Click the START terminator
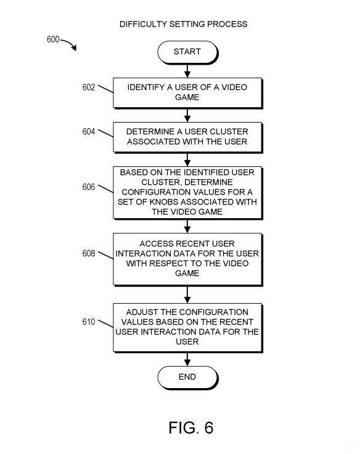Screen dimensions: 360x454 click(x=187, y=52)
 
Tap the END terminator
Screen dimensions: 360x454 click(x=187, y=377)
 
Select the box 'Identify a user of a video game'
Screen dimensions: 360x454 click(x=187, y=93)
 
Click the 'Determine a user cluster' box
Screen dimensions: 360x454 click(x=187, y=137)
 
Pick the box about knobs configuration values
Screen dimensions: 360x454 click(x=187, y=193)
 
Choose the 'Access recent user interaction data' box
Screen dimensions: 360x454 click(x=187, y=259)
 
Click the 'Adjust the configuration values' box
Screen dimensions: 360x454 click(x=187, y=328)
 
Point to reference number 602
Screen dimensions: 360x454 click(x=89, y=87)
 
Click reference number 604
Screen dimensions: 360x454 click(x=89, y=132)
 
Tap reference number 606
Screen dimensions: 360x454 click(x=89, y=187)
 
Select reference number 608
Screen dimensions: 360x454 click(x=89, y=253)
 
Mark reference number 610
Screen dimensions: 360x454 click(x=89, y=322)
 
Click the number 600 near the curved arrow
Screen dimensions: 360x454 click(x=53, y=39)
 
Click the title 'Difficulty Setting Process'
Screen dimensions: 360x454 click(x=184, y=24)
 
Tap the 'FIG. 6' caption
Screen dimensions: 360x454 click(x=191, y=428)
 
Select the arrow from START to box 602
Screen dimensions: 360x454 click(x=187, y=71)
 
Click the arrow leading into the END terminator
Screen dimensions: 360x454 click(x=187, y=359)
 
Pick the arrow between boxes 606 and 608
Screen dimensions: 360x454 click(x=187, y=226)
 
